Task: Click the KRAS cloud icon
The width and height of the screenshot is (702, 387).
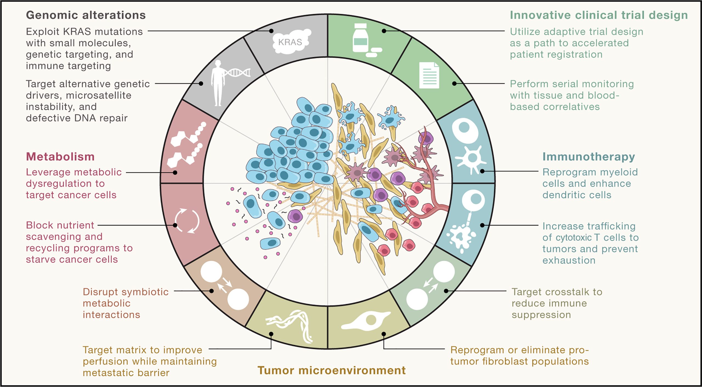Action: point(291,42)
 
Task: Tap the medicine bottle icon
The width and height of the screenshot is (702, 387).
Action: point(360,38)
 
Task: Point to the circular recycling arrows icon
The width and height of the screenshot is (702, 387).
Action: point(187,221)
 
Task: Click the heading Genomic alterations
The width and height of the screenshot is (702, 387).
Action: point(86,15)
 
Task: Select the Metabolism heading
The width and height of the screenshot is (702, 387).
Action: point(60,157)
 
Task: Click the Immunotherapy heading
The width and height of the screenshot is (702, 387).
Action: point(588,157)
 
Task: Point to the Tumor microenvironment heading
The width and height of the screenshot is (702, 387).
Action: point(331,370)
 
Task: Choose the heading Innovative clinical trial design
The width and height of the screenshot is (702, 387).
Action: point(599,15)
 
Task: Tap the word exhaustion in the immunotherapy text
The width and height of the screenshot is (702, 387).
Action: point(569,260)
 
